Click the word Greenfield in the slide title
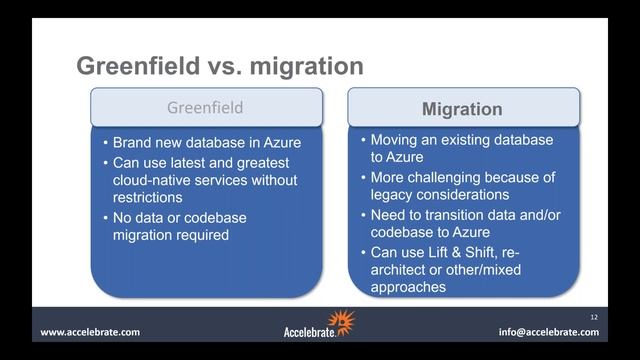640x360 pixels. pyautogui.click(x=132, y=67)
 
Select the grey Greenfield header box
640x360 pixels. pyautogui.click(x=206, y=107)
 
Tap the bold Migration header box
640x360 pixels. pyautogui.click(x=463, y=108)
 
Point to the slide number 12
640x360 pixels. pyautogui.click(x=593, y=315)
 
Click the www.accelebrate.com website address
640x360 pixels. pyautogui.click(x=90, y=332)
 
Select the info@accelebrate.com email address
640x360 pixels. pyautogui.click(x=549, y=332)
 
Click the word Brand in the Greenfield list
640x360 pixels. pyautogui.click(x=134, y=143)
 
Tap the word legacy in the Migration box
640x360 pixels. pyautogui.click(x=393, y=195)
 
